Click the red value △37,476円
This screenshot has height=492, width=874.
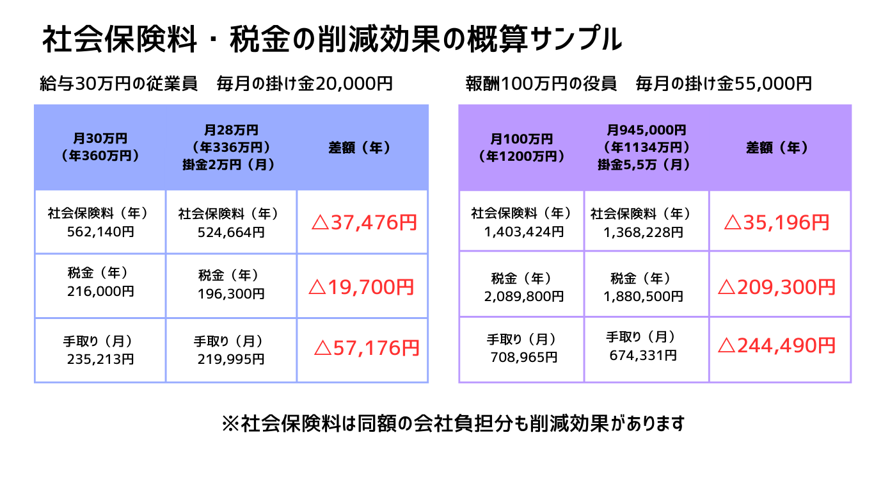pyautogui.click(x=364, y=222)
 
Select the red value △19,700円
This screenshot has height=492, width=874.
pyautogui.click(x=362, y=287)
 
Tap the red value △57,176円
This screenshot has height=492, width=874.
pyautogui.click(x=367, y=348)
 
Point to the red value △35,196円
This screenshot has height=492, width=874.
pyautogui.click(x=777, y=222)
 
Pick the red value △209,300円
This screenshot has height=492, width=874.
pyautogui.click(x=777, y=287)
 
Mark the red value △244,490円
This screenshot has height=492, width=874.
pyautogui.click(x=777, y=346)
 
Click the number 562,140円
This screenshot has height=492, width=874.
pyautogui.click(x=100, y=231)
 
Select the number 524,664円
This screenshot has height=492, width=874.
pyautogui.click(x=231, y=232)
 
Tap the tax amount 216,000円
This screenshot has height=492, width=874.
pyautogui.click(x=100, y=291)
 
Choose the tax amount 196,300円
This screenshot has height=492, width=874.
pyautogui.click(x=231, y=293)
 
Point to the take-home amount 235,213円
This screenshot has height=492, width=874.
pyautogui.click(x=100, y=359)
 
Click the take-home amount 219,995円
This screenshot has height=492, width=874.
pyautogui.click(x=231, y=359)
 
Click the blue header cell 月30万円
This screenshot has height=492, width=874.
pyautogui.click(x=100, y=147)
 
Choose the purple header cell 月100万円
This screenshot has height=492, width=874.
pyautogui.click(x=521, y=147)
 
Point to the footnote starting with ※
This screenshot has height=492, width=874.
pyautogui.click(x=453, y=423)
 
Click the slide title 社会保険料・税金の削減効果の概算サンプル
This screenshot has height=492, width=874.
pyautogui.click(x=332, y=40)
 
